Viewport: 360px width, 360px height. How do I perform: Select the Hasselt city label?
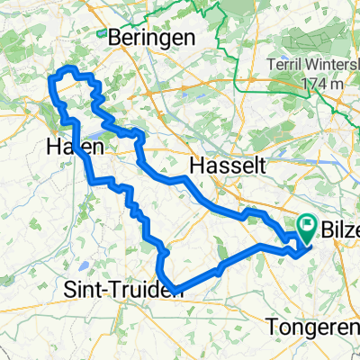point(225,165)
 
